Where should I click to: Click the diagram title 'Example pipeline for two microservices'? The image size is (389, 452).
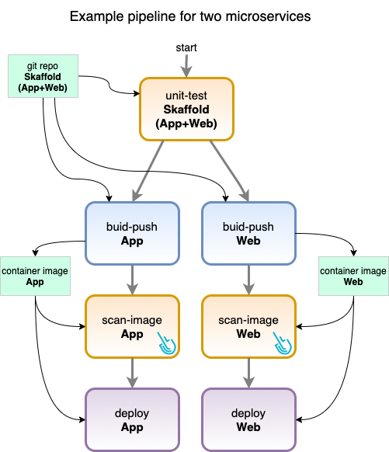(190, 16)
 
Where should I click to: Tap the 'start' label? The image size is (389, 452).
(186, 47)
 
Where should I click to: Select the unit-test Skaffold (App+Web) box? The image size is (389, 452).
(186, 109)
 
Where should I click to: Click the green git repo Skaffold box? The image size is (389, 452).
(43, 76)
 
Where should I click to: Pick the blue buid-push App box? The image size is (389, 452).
(132, 233)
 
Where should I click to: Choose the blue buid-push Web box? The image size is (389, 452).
(248, 233)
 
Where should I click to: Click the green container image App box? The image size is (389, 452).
(35, 276)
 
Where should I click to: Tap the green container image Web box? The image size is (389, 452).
(353, 276)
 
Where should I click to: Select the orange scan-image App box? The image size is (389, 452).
(132, 326)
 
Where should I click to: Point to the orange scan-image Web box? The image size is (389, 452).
(248, 326)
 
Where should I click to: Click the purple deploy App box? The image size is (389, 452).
(132, 419)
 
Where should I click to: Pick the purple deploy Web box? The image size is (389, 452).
(248, 419)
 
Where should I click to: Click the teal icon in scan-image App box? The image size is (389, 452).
(167, 343)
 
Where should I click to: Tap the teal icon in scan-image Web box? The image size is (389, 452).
(283, 343)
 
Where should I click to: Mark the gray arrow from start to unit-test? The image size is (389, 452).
(186, 66)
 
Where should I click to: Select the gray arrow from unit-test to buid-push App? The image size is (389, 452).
(148, 171)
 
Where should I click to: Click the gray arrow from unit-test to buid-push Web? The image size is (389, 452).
(229, 171)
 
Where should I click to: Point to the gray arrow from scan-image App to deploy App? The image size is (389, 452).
(132, 373)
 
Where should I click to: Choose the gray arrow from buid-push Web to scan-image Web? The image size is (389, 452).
(248, 280)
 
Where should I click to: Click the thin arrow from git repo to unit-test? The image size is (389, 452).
(109, 85)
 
